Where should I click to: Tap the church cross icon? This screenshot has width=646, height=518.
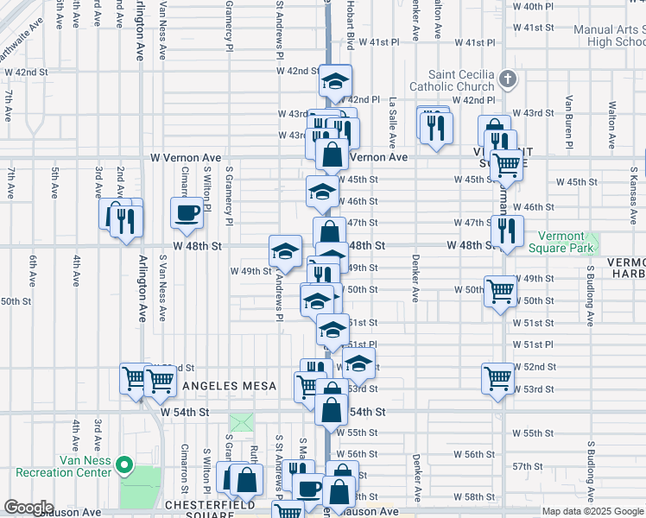click(x=508, y=79)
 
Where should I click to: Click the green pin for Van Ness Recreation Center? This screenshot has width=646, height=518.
click(x=123, y=466)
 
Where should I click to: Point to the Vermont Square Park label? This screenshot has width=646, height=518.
click(x=567, y=242)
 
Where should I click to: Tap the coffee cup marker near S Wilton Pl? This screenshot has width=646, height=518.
click(x=187, y=213)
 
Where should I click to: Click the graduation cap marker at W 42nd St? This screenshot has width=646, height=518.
click(x=334, y=82)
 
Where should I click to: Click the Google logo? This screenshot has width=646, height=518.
click(x=28, y=509)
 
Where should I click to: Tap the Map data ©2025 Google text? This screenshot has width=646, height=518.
click(x=592, y=511)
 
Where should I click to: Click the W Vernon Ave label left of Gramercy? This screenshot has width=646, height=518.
click(x=186, y=158)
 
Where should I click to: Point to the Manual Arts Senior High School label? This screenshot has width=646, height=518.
click(x=610, y=35)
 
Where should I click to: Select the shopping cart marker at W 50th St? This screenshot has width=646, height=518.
click(x=500, y=292)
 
